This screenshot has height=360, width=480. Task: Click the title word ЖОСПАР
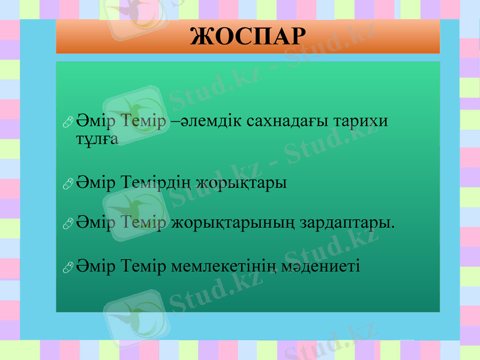point(248,37)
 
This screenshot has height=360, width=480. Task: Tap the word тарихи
point(362,121)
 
